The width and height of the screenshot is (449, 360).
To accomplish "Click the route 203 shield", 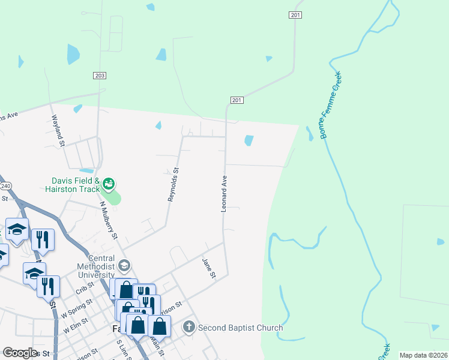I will click(x=100, y=75).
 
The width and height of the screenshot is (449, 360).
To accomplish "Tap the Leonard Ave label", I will click(x=224, y=193).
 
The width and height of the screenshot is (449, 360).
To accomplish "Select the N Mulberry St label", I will click(x=109, y=220).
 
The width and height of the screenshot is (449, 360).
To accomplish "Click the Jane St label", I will click(x=208, y=268).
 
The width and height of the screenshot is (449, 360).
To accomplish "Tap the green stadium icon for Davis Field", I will click(x=109, y=183).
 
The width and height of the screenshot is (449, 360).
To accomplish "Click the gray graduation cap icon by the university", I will click(x=124, y=265).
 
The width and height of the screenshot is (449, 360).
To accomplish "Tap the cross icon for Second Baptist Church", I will click(x=188, y=327).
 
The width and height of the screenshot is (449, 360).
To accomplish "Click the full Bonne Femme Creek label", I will click(x=331, y=105).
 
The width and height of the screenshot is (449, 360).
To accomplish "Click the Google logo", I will click(x=20, y=353).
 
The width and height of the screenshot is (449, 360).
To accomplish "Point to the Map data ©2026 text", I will click(x=423, y=355).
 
